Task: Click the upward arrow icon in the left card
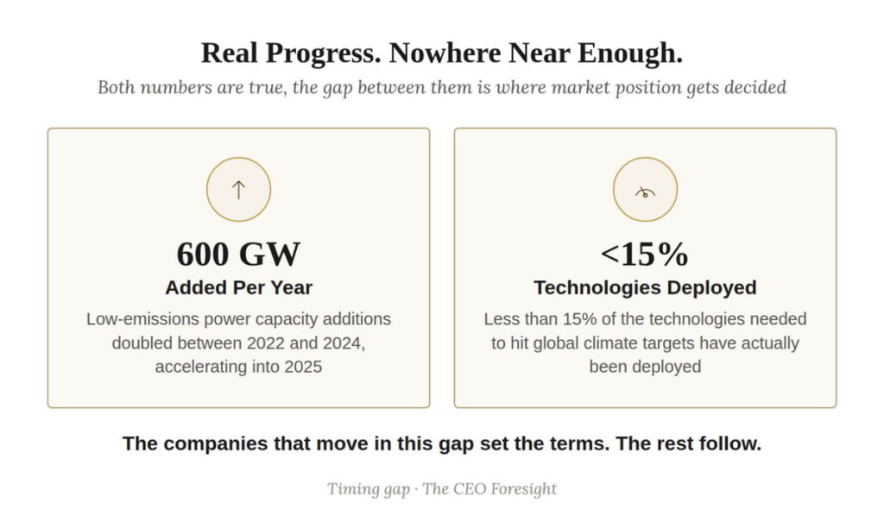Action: tap(238, 190)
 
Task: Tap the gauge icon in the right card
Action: tap(645, 192)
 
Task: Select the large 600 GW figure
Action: tap(238, 254)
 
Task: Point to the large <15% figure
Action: tap(645, 254)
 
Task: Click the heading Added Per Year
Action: tap(238, 287)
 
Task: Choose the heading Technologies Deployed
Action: tap(645, 287)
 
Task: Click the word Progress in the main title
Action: tap(323, 53)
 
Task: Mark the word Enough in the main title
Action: tap(629, 53)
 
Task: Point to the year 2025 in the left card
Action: tap(303, 367)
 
